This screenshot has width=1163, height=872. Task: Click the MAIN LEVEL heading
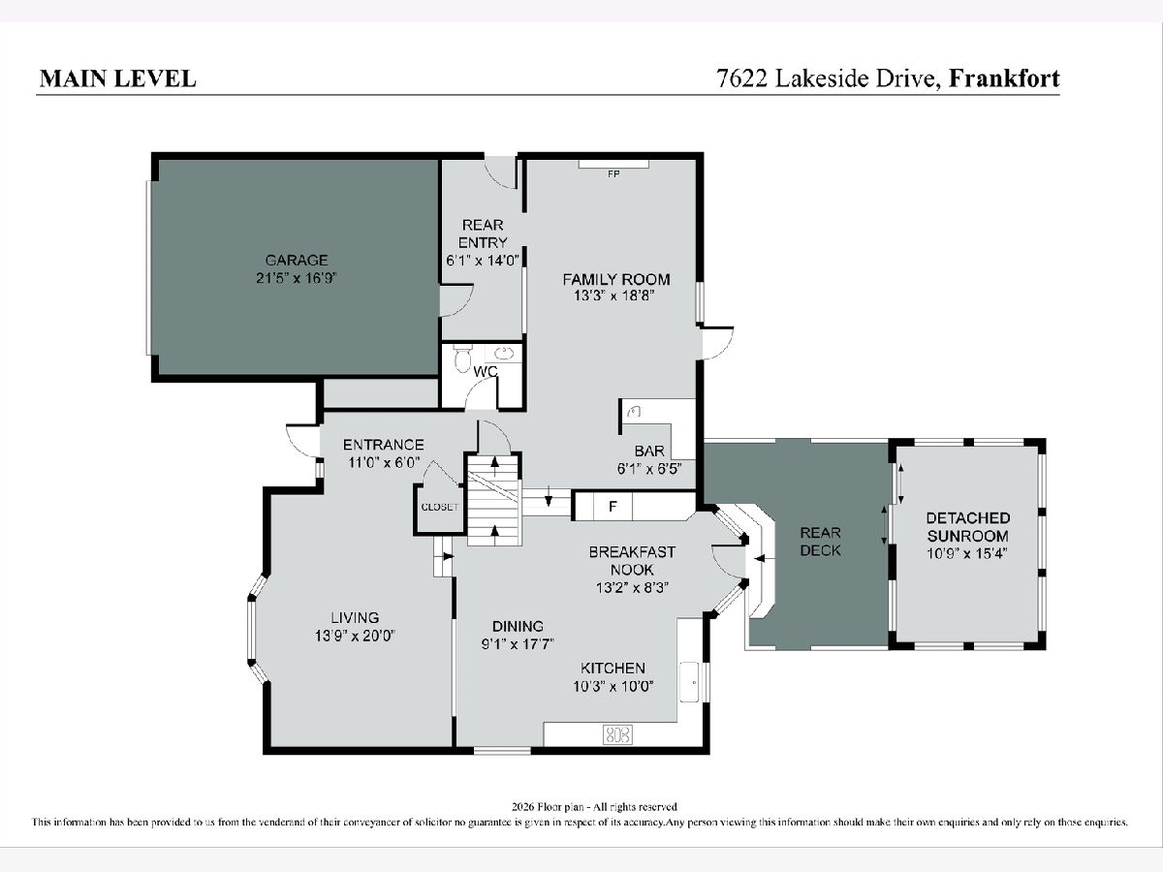click(x=117, y=78)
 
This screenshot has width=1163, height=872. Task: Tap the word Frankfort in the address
click(x=1003, y=78)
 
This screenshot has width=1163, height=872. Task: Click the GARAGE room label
click(x=297, y=261)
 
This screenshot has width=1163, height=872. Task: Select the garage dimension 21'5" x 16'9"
click(x=297, y=278)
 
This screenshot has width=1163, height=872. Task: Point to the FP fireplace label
click(x=613, y=174)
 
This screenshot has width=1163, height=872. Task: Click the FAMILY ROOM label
click(x=616, y=279)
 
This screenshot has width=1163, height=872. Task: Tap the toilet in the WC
click(x=462, y=358)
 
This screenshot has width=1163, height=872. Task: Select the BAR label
click(x=649, y=451)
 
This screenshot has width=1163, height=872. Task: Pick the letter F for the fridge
click(x=613, y=507)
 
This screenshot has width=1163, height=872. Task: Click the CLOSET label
click(x=439, y=507)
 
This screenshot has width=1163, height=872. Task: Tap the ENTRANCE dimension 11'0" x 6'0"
click(x=384, y=462)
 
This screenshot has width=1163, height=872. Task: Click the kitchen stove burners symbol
click(x=617, y=734)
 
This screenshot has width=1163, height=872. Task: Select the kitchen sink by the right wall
click(x=690, y=682)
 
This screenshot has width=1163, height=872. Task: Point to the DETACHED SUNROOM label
click(x=967, y=526)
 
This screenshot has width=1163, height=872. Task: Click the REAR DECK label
click(x=820, y=541)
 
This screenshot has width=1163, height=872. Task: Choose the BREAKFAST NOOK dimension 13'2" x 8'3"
click(x=632, y=587)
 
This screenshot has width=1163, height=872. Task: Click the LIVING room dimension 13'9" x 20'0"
click(x=355, y=636)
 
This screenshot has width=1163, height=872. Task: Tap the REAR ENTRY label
click(x=483, y=234)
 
